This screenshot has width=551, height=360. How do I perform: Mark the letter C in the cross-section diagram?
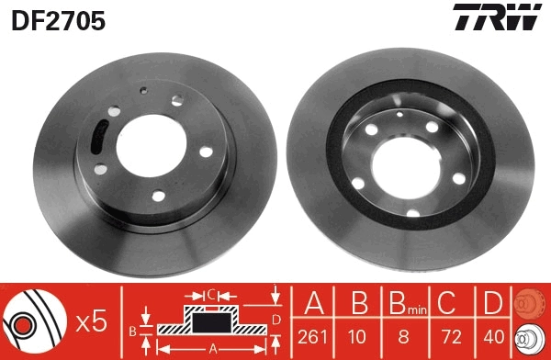coord(211,295)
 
